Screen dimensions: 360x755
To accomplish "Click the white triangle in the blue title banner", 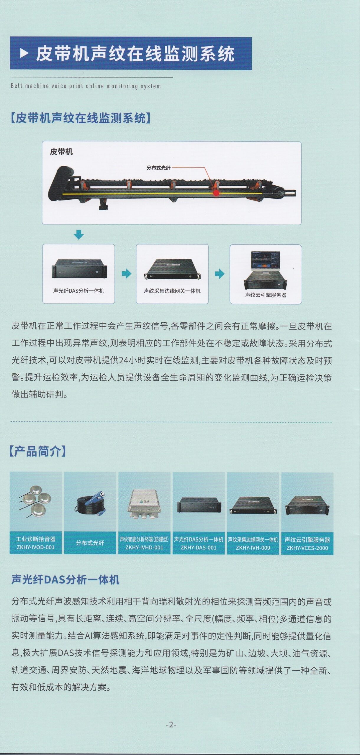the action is click(24, 53).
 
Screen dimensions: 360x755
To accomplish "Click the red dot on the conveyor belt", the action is click(217, 193).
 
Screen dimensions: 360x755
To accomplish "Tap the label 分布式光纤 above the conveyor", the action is click(158, 168).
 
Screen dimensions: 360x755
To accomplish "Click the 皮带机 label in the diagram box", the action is click(61, 152).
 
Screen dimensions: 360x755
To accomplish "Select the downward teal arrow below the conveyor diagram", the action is click(78, 234).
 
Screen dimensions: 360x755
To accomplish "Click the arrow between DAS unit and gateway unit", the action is click(126, 274).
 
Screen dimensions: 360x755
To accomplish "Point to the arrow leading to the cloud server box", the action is click(220, 274).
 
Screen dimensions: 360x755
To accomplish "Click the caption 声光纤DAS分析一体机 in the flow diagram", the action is click(78, 291).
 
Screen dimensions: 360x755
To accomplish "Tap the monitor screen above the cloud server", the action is click(265, 260).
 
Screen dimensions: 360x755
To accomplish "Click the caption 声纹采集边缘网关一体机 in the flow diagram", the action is click(172, 291).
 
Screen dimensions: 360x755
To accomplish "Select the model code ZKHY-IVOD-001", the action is click(36, 547).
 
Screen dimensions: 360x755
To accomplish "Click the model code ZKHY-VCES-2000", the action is click(307, 548).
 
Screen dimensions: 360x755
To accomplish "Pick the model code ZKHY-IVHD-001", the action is click(144, 547).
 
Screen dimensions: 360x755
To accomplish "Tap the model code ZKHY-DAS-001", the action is click(199, 548).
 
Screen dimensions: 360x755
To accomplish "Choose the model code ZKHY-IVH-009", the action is click(253, 548).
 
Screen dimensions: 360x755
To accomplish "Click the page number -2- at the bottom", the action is click(171, 725).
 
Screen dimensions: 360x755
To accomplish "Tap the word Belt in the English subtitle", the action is click(17, 86).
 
